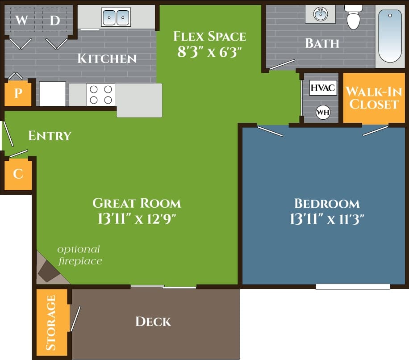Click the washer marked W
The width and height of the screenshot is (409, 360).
[x=21, y=20]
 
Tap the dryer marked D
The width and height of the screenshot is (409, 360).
[x=54, y=20]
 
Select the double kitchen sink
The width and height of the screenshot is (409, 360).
[x=116, y=17]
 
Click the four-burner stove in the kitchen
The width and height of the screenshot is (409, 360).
[x=101, y=94]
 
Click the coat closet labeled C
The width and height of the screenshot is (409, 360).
[x=18, y=174]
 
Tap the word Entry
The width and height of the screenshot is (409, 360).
[x=50, y=136]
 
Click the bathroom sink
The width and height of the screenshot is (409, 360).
[x=321, y=14]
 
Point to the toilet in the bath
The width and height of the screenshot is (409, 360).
[x=353, y=18]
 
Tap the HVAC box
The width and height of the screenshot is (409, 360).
[x=322, y=88]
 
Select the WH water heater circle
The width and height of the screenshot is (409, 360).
[x=322, y=112]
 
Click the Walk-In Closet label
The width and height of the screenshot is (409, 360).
[x=372, y=98]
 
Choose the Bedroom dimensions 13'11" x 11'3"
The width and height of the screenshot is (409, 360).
[x=327, y=219]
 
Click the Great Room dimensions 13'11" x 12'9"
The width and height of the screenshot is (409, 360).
[x=136, y=219]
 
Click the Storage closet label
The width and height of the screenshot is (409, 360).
[x=51, y=322]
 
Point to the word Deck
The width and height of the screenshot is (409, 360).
[x=153, y=321]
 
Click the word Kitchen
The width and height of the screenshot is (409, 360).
[x=107, y=59]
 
